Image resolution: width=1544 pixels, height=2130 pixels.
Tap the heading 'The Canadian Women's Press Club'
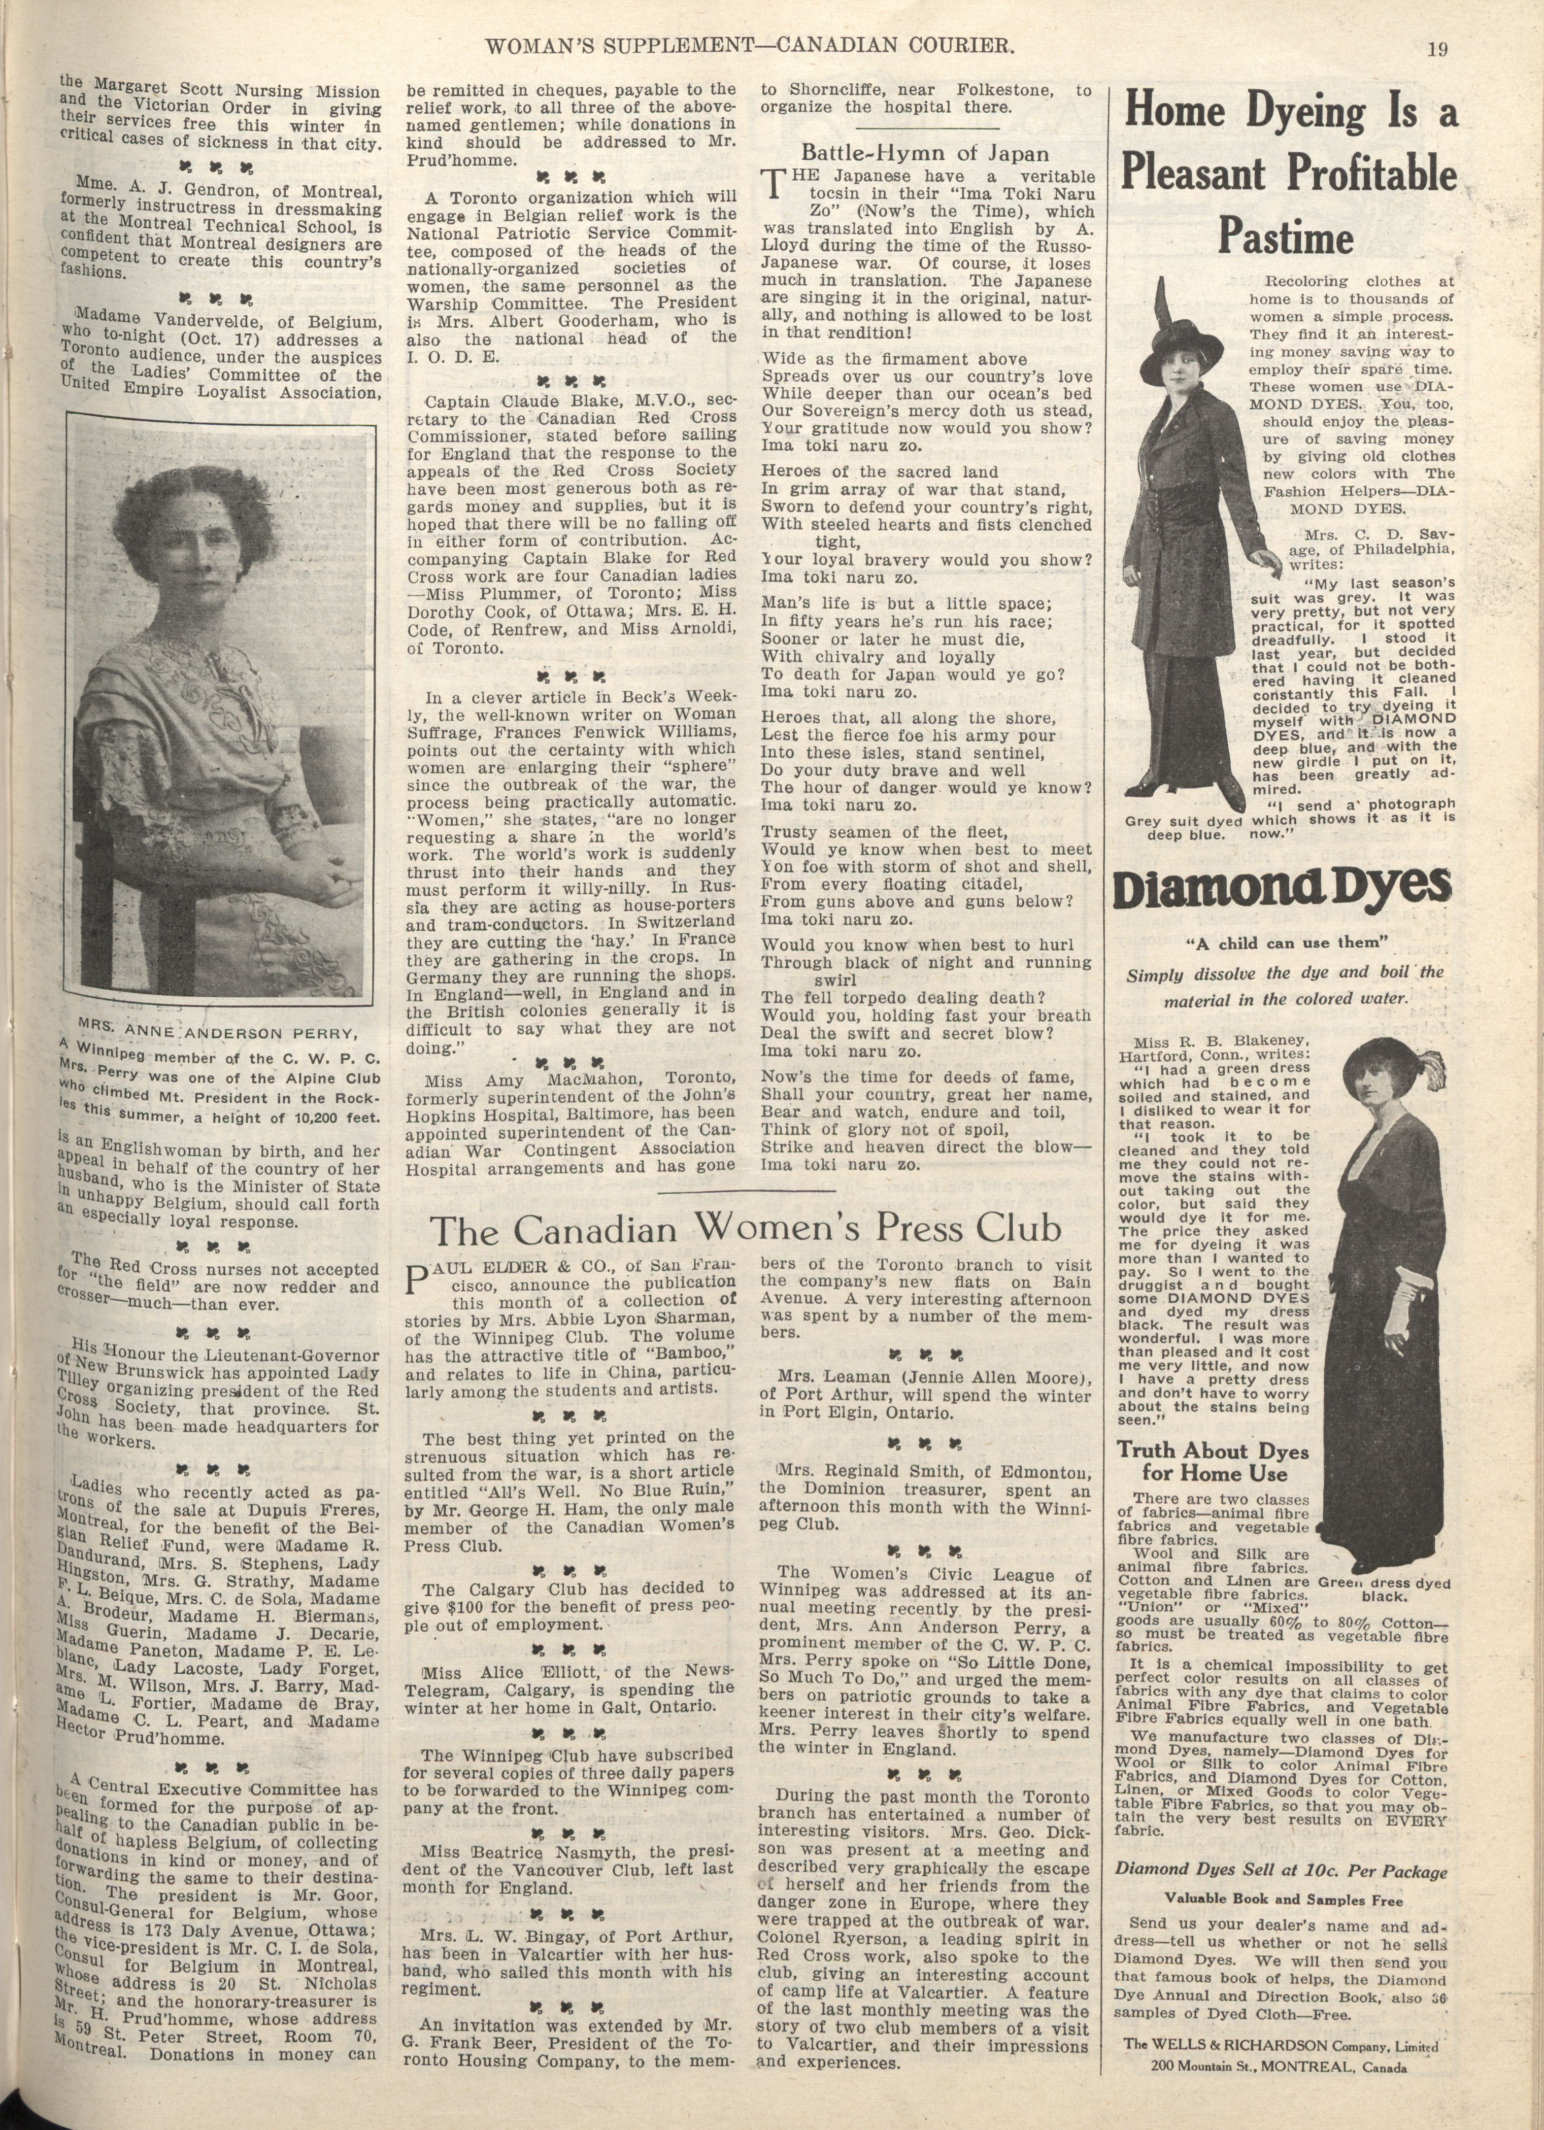coord(746,1228)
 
